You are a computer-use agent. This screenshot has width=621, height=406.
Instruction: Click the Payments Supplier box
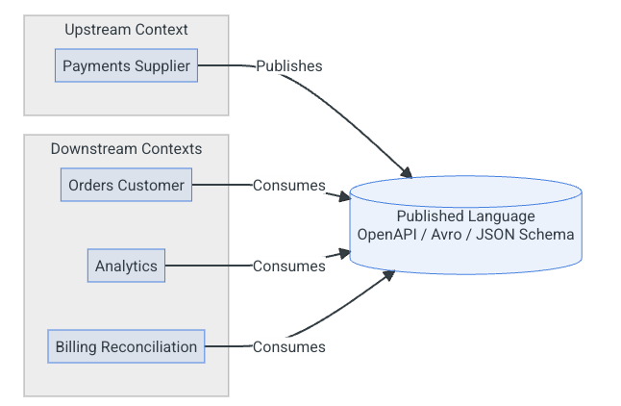coord(126,66)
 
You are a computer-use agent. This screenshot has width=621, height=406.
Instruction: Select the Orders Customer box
coord(126,185)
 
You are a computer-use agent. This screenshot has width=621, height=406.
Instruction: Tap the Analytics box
coord(126,266)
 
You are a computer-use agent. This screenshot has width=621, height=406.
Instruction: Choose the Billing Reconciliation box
coord(126,346)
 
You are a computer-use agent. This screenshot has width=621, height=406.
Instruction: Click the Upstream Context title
coord(126,30)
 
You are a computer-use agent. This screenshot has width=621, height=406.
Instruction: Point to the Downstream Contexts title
coord(126,148)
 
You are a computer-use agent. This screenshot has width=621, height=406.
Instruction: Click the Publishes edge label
coord(288,66)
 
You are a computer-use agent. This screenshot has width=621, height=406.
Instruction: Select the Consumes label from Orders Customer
coord(288,185)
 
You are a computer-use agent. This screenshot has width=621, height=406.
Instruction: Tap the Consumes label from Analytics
coord(288,266)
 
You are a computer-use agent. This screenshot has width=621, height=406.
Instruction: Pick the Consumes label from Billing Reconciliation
coord(288,346)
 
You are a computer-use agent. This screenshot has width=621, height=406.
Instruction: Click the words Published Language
coord(465,216)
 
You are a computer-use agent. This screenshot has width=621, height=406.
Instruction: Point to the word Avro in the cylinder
coord(449,235)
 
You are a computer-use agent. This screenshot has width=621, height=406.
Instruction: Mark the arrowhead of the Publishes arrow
coord(408,174)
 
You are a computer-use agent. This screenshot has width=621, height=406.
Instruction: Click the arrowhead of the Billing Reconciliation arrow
coord(390,274)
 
